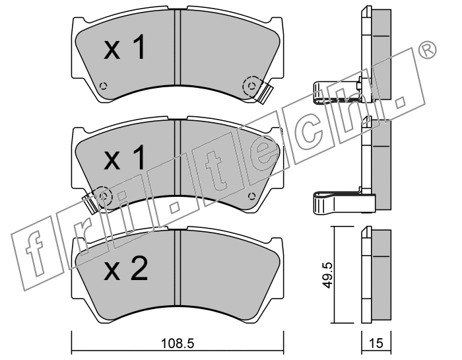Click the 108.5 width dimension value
(x=178, y=343)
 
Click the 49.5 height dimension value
(x=327, y=275)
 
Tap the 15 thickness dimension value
(x=376, y=343)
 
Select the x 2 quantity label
(x=125, y=269)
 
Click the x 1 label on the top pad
(x=125, y=47)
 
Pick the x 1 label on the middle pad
(x=125, y=158)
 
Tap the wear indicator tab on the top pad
(x=265, y=93)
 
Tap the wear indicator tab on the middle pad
(x=89, y=203)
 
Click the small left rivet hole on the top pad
(x=103, y=86)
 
